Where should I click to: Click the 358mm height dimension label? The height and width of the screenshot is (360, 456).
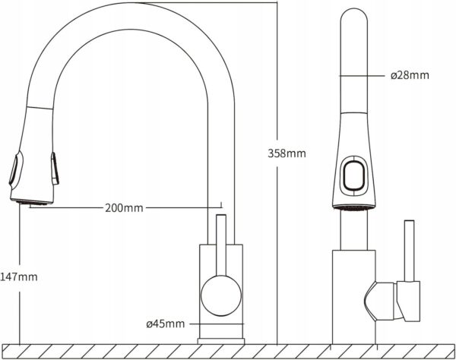point(287,153)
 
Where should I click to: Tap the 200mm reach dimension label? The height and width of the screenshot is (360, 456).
point(123,207)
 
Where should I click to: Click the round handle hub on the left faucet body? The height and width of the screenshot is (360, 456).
point(220,293)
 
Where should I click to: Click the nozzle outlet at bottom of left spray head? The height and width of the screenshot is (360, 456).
point(34,201)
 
